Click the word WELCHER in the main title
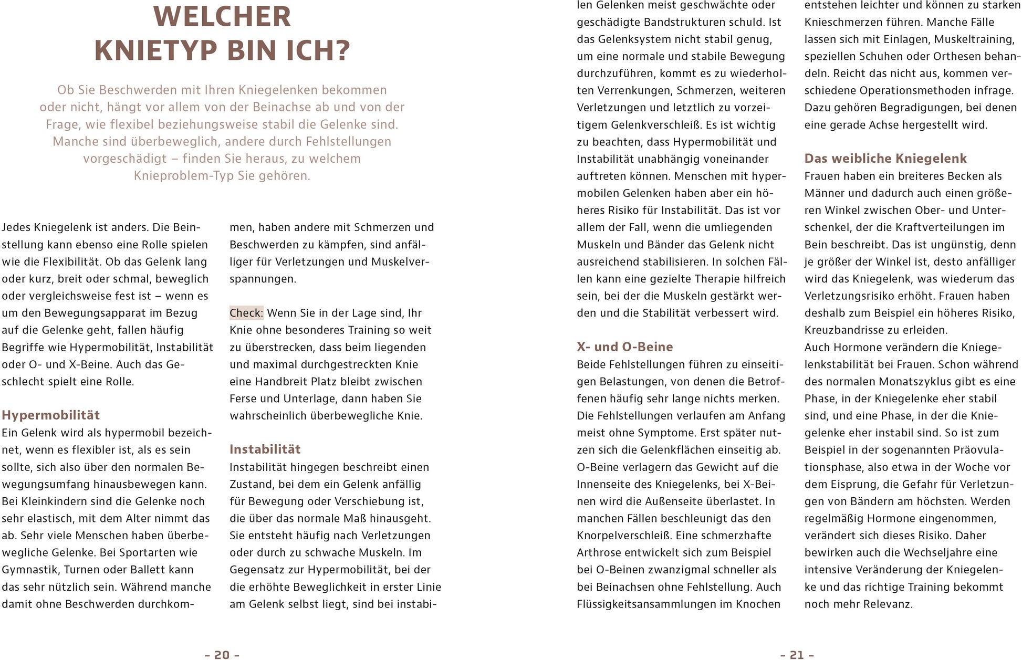coord(222,17)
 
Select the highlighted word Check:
coord(246,313)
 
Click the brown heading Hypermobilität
coord(51,415)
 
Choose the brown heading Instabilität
coord(265,449)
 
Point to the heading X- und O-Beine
coord(625,347)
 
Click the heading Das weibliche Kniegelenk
coord(885,159)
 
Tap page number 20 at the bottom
coord(222,655)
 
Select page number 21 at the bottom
coord(797,655)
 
